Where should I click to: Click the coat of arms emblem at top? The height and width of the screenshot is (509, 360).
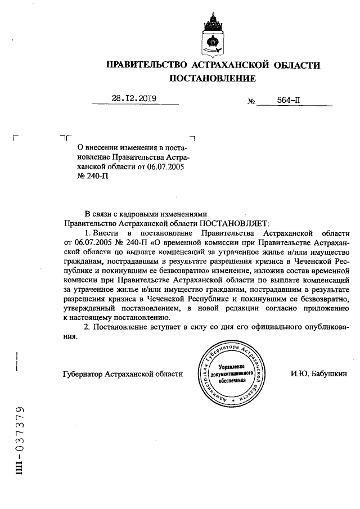214,33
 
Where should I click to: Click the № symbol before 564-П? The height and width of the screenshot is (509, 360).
251,102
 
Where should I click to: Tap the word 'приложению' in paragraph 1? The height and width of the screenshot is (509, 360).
329,309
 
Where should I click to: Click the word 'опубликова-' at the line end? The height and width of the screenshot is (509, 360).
327,328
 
